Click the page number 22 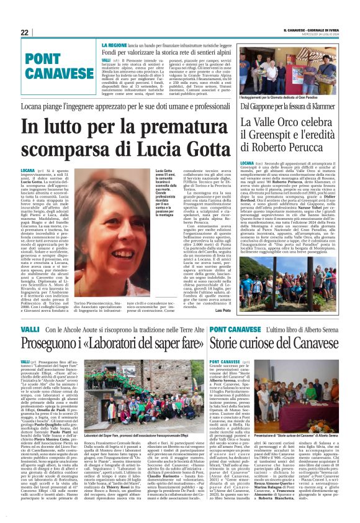pyautogui.click(x=24, y=32)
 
